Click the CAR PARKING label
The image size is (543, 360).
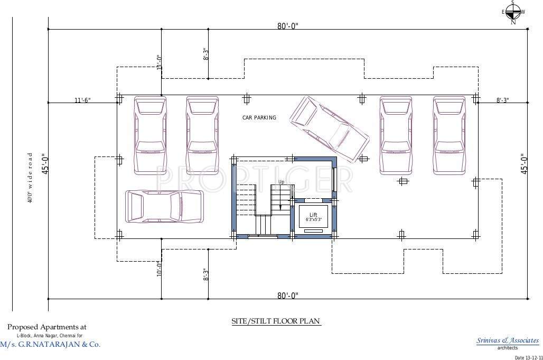259,117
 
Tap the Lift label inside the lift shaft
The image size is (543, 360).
313,214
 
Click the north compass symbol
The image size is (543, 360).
513,12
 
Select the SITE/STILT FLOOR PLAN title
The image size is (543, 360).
276,321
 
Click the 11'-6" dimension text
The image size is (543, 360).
82,100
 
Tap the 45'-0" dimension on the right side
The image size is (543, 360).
523,164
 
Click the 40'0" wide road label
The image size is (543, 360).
31,178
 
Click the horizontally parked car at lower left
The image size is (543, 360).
164,206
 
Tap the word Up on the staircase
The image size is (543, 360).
282,182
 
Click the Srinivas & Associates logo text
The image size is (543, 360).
507,340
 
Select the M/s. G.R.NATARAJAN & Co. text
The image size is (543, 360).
50,344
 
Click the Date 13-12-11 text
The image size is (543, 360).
528,357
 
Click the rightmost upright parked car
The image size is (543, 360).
449,135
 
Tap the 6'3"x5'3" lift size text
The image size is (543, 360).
313,219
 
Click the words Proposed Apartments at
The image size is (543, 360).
46,327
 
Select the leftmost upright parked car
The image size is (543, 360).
150,135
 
